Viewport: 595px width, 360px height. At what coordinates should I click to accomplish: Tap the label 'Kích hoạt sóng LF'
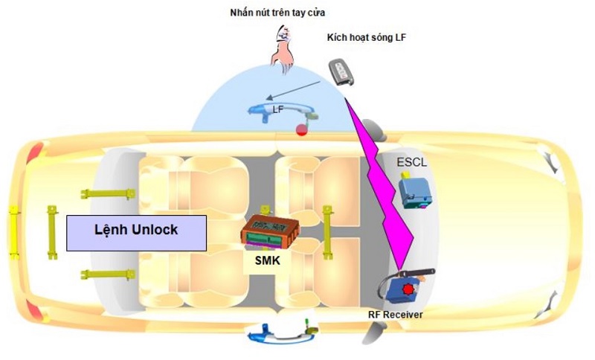[x=367, y=37]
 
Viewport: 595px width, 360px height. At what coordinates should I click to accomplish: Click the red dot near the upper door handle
[x=301, y=130]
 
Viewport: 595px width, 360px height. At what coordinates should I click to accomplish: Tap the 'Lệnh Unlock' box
[x=135, y=231]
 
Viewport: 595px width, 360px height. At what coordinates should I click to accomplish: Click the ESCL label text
[x=411, y=162]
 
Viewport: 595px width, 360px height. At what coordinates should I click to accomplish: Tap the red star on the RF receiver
[x=407, y=288]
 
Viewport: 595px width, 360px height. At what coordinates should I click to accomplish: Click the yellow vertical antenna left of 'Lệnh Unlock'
[x=53, y=231]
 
